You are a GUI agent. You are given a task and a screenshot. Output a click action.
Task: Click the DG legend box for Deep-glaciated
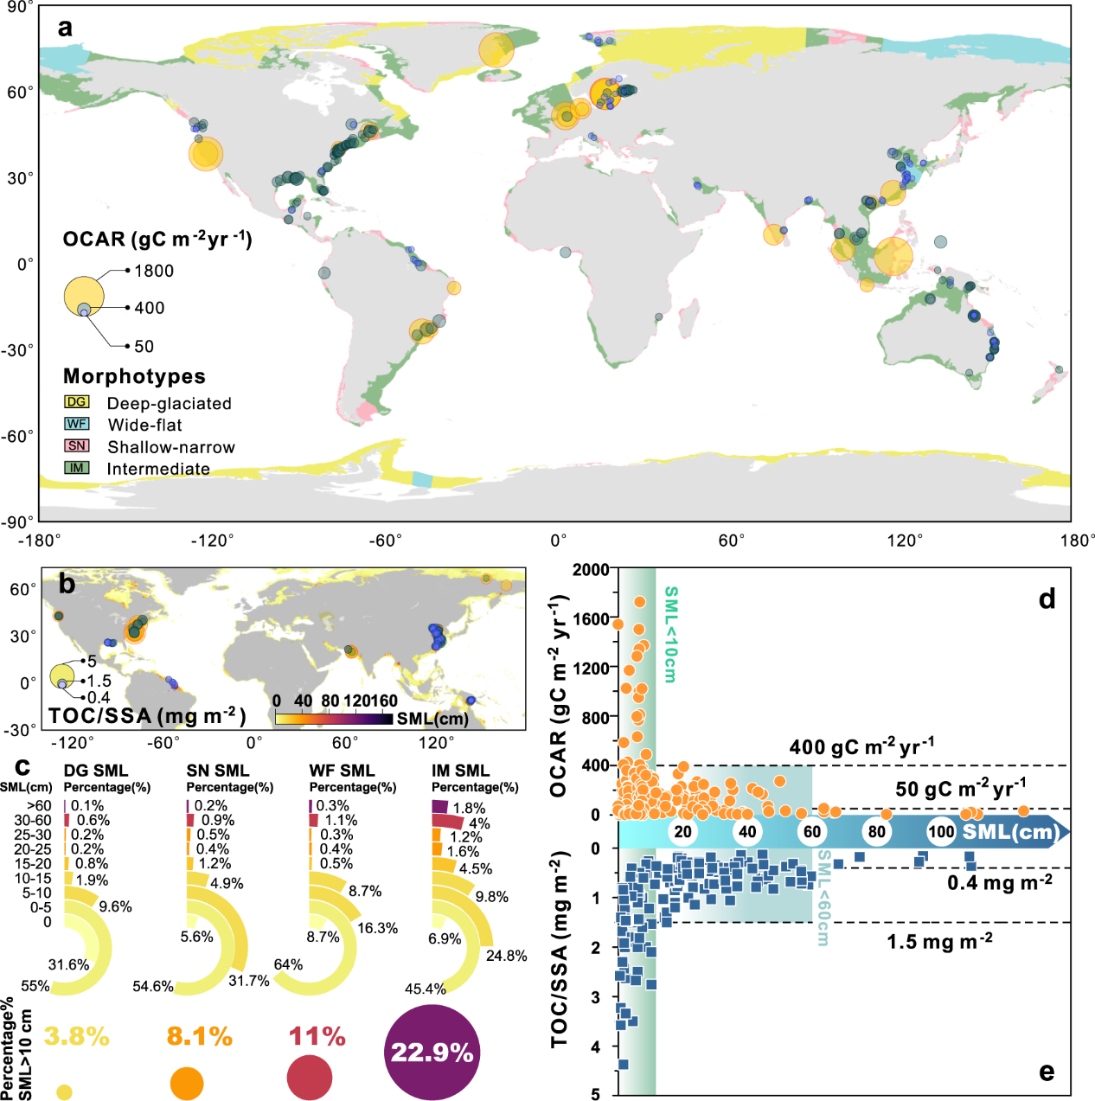(x=76, y=402)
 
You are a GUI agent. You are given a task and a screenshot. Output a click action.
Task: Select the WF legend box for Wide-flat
(x=76, y=424)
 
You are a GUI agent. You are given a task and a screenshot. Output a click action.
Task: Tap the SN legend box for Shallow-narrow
(x=76, y=445)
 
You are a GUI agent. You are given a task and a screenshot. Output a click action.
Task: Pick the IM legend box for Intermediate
(x=76, y=468)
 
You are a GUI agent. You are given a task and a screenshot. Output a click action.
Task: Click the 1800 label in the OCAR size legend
(x=154, y=271)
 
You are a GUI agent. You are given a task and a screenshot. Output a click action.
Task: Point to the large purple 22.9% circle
(x=432, y=1053)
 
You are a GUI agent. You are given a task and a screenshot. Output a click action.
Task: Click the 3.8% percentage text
(x=76, y=1036)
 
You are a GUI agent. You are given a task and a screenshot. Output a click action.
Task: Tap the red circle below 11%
(x=309, y=1078)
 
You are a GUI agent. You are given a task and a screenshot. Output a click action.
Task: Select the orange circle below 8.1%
(x=187, y=1084)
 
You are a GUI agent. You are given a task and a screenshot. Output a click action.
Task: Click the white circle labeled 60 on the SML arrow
(x=811, y=832)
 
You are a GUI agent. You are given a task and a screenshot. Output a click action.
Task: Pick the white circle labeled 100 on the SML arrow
(x=941, y=832)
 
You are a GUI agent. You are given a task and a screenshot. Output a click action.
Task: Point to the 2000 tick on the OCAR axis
(x=591, y=569)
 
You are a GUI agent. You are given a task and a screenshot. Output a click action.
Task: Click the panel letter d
(x=1047, y=599)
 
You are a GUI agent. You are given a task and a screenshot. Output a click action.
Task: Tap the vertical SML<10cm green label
(x=670, y=634)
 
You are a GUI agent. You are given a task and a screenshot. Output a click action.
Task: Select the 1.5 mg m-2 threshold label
(x=939, y=941)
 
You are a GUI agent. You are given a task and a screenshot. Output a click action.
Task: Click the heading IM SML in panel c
(x=460, y=770)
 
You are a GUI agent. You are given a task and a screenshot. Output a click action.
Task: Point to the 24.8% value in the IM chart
(x=506, y=956)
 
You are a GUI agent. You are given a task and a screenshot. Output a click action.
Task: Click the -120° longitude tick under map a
(x=212, y=541)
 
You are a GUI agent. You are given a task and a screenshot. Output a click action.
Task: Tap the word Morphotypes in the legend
(x=134, y=376)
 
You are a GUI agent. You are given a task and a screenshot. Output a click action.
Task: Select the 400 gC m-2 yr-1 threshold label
(x=861, y=746)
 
